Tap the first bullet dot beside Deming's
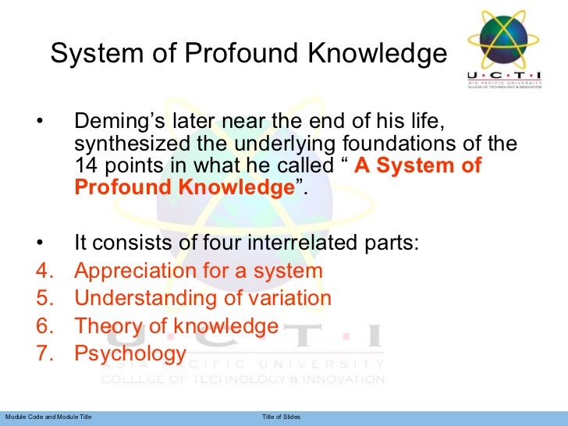pos(39,123)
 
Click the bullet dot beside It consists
pos(39,243)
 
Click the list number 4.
pos(44,272)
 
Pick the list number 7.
pos(44,354)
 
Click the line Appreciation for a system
pos(198,272)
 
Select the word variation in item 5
pos(286,299)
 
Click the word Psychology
pos(130,354)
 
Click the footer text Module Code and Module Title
pos(48,418)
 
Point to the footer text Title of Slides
pos(280,418)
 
